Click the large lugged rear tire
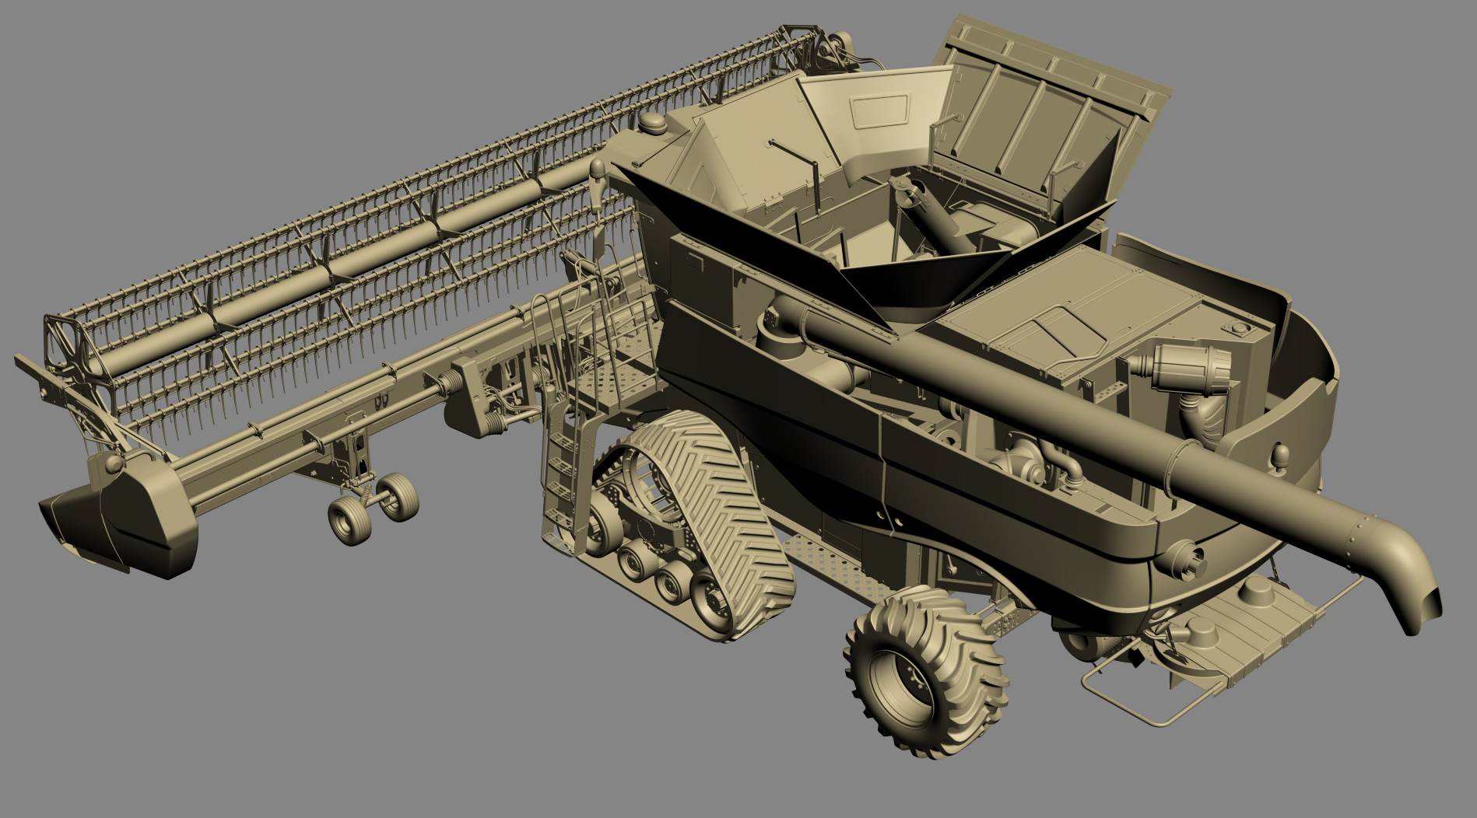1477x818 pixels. (926, 673)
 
